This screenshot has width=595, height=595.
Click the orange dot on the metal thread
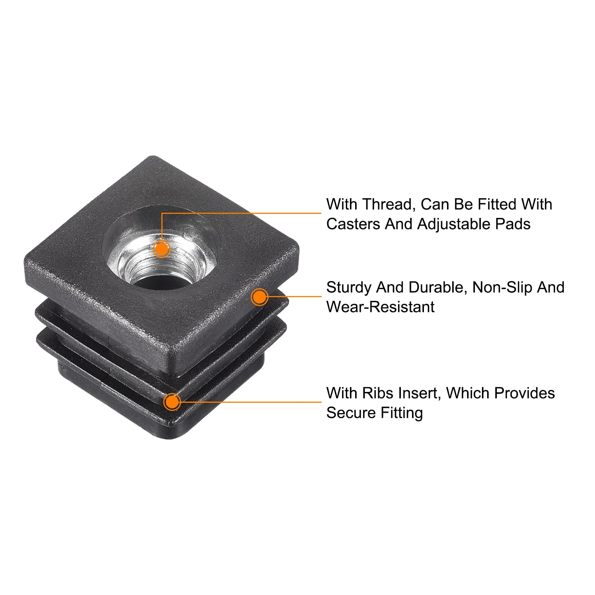tap(162, 248)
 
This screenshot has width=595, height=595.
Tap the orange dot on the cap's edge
tap(260, 297)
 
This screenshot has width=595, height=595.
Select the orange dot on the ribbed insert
tap(172, 402)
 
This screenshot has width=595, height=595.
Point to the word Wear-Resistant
tap(380, 307)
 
